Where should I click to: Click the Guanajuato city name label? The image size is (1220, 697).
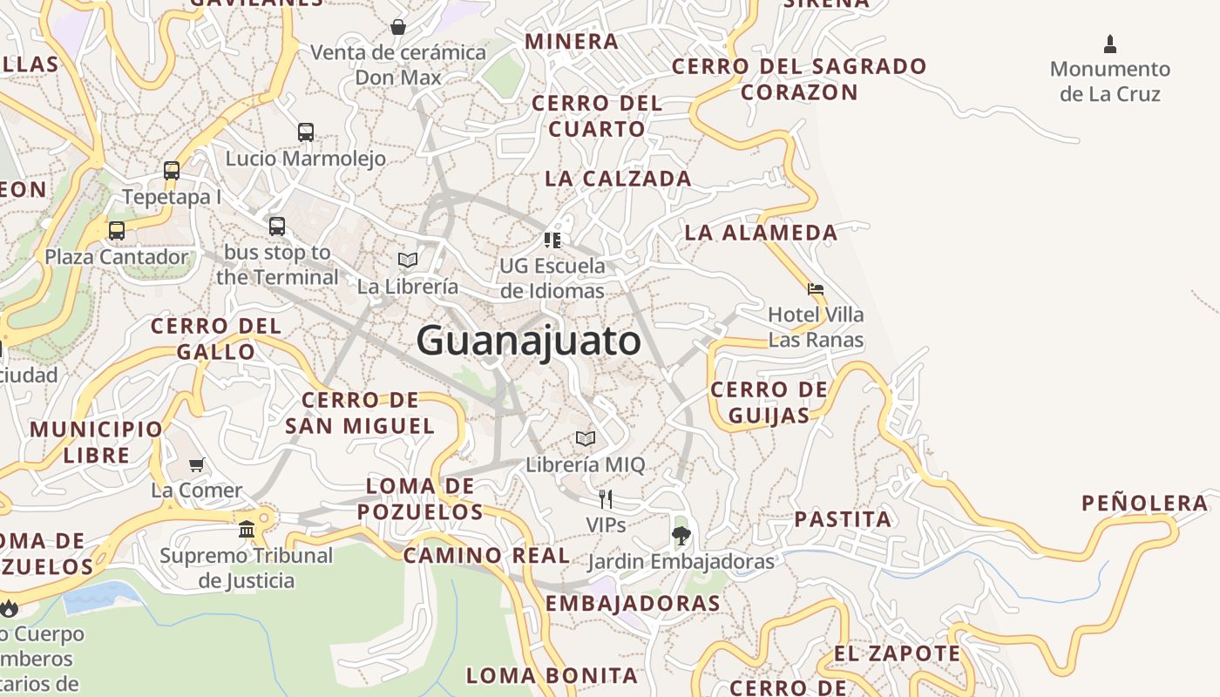click(x=528, y=340)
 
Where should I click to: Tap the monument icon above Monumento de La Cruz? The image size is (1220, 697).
click(x=1109, y=44)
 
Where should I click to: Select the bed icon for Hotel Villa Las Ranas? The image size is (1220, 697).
click(x=816, y=289)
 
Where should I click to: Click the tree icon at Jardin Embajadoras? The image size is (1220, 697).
click(x=681, y=535)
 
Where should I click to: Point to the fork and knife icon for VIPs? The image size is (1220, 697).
click(x=606, y=499)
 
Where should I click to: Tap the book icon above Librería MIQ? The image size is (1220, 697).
click(x=586, y=438)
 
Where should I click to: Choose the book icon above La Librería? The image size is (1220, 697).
click(x=408, y=260)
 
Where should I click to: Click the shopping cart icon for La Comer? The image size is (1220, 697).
click(x=197, y=464)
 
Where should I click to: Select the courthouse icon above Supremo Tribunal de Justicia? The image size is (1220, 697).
click(x=247, y=529)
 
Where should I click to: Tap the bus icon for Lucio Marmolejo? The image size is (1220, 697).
click(x=306, y=132)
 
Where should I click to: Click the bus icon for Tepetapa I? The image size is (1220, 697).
click(x=172, y=171)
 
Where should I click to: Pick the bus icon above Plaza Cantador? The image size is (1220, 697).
click(x=116, y=231)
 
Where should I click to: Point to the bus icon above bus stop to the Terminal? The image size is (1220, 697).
click(x=277, y=227)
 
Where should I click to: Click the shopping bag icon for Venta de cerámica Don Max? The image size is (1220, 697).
click(x=398, y=27)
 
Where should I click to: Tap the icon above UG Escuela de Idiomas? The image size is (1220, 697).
click(x=552, y=240)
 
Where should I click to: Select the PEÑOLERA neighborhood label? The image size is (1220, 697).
click(x=1145, y=504)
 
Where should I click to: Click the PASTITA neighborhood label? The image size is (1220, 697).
click(x=843, y=520)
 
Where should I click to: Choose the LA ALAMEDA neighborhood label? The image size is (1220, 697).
click(x=761, y=233)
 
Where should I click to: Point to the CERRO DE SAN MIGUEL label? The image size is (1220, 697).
click(x=360, y=413)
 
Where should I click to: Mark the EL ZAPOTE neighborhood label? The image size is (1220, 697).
click(x=897, y=653)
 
